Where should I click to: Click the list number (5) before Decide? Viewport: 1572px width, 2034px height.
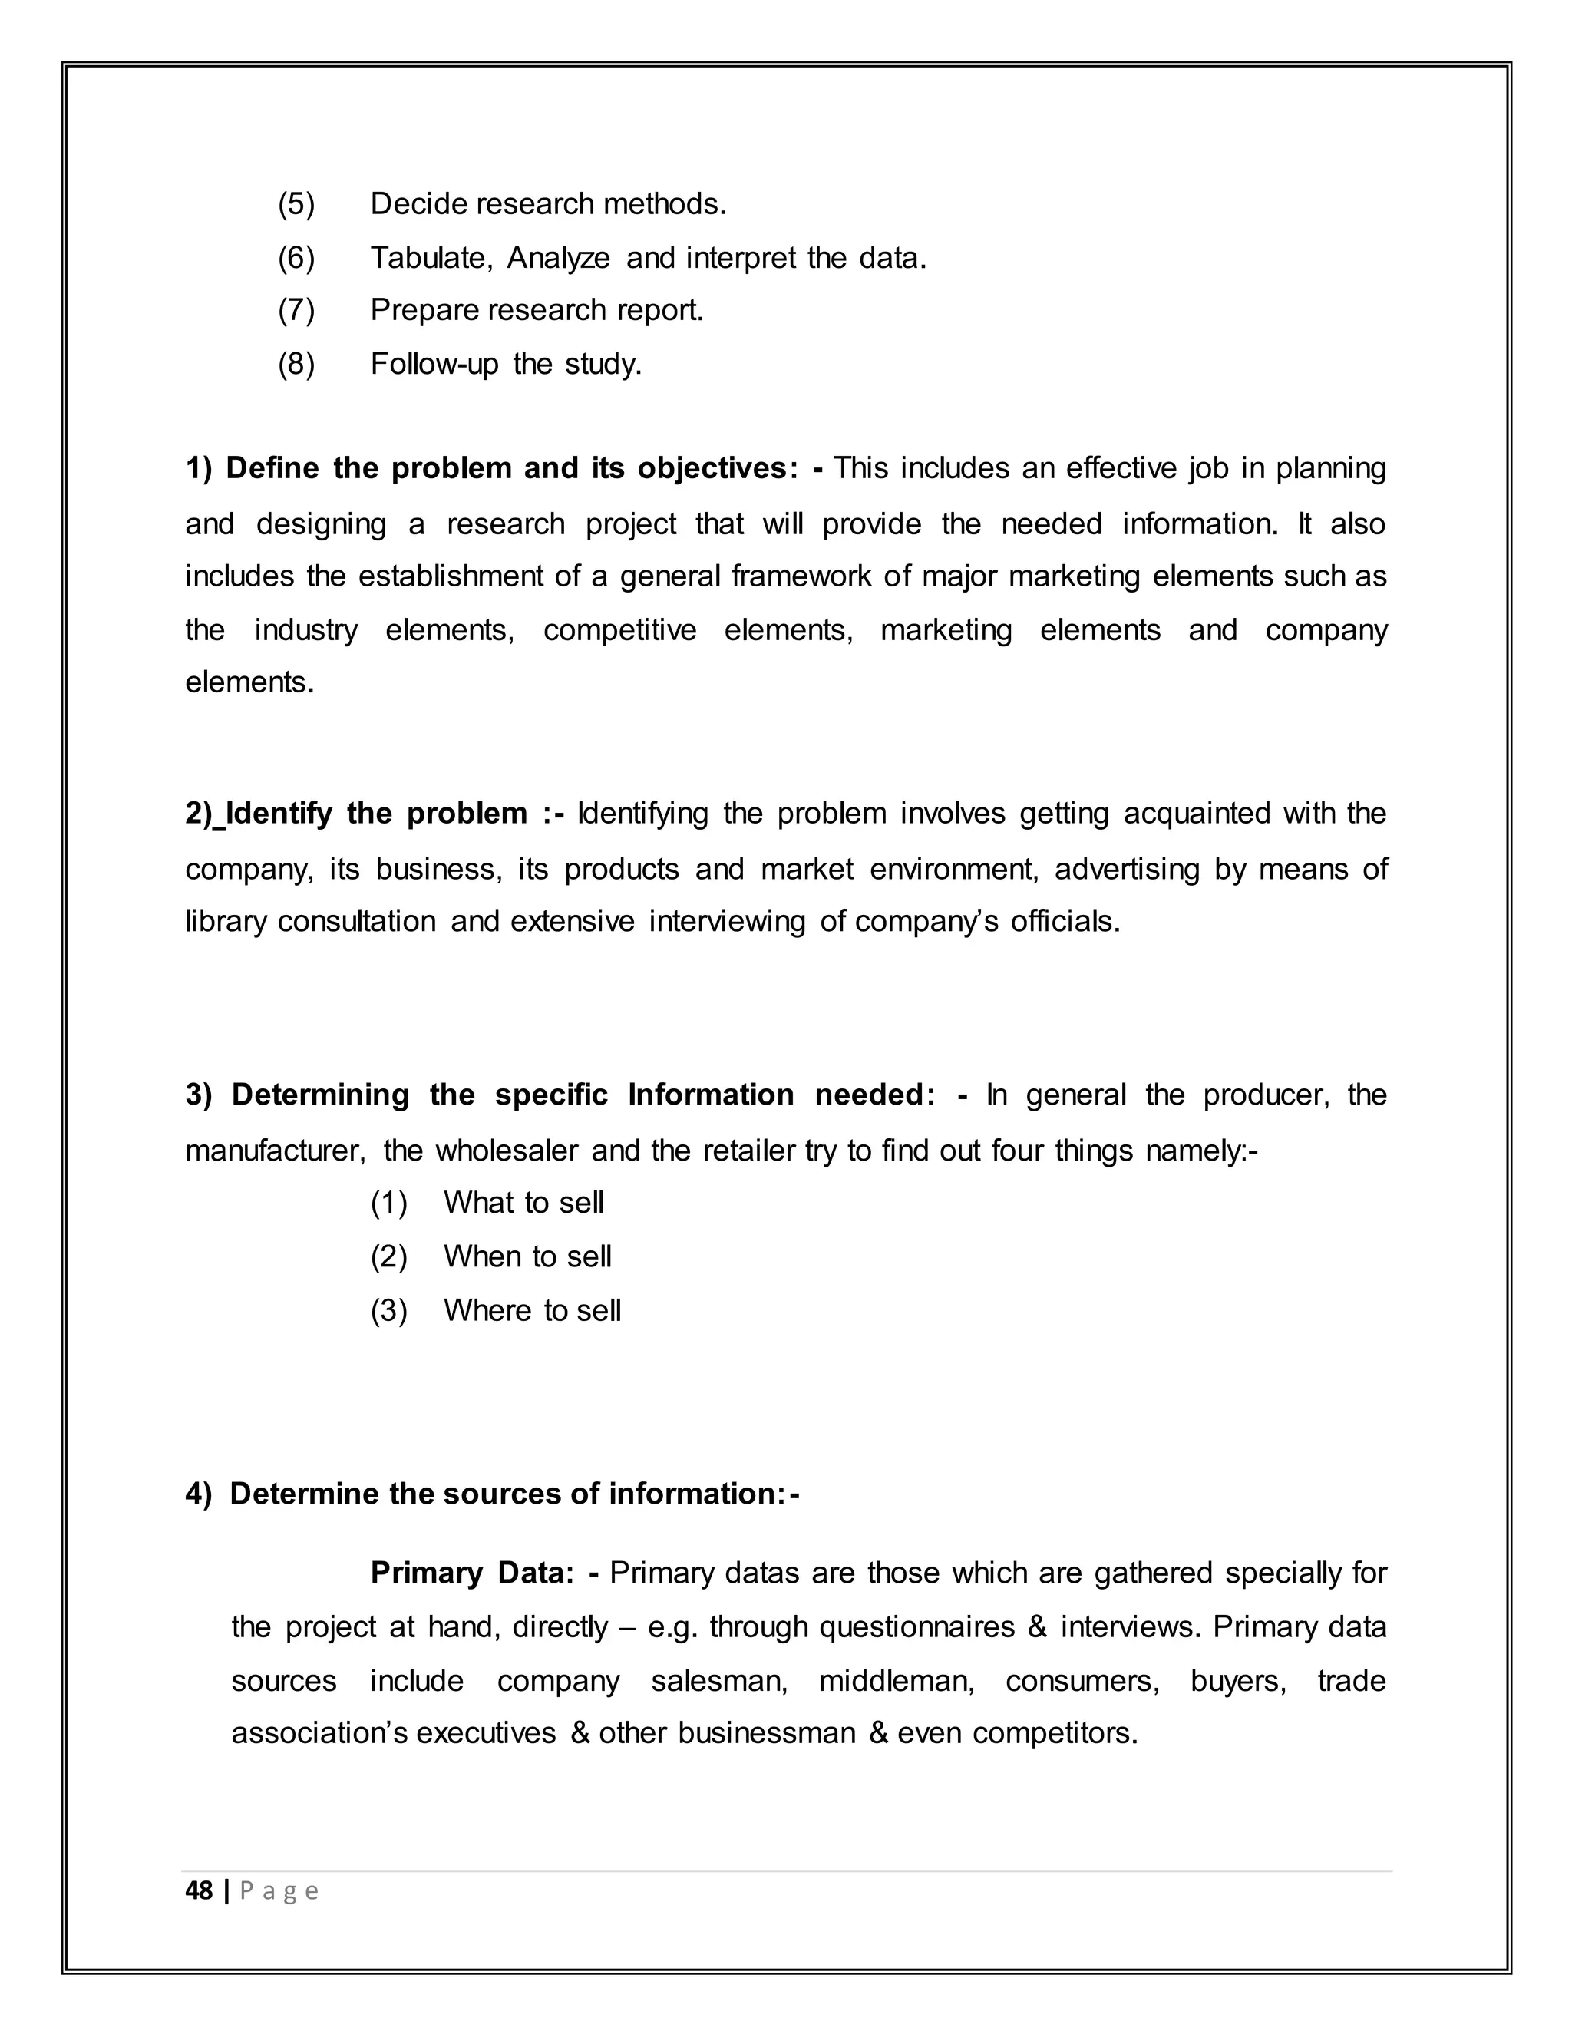[x=296, y=204]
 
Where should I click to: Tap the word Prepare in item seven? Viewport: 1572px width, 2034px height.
[x=424, y=310]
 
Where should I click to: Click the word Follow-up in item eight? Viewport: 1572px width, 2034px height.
[x=434, y=363]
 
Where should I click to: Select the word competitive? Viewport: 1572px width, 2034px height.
[x=619, y=630]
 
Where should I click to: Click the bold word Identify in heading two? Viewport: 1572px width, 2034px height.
[x=279, y=814]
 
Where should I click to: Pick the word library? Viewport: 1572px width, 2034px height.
[x=226, y=922]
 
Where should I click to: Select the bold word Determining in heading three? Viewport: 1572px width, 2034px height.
[x=319, y=1095]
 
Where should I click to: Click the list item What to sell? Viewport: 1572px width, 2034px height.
[x=523, y=1204]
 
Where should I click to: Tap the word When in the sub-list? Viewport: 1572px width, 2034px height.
[x=481, y=1257]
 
